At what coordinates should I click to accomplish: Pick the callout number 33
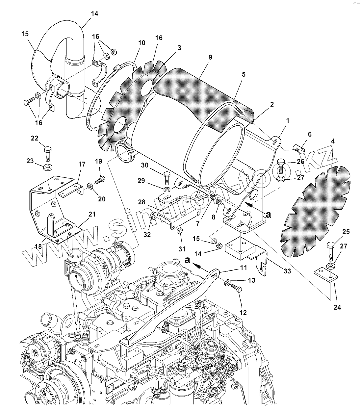tap(287, 271)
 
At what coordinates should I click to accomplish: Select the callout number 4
tap(333, 141)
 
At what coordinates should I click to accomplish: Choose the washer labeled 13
tap(227, 282)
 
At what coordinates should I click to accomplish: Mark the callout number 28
tap(142, 202)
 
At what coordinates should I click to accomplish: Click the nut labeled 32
tap(153, 216)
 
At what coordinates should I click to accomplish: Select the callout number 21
tap(92, 214)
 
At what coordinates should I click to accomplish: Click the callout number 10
tap(141, 43)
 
